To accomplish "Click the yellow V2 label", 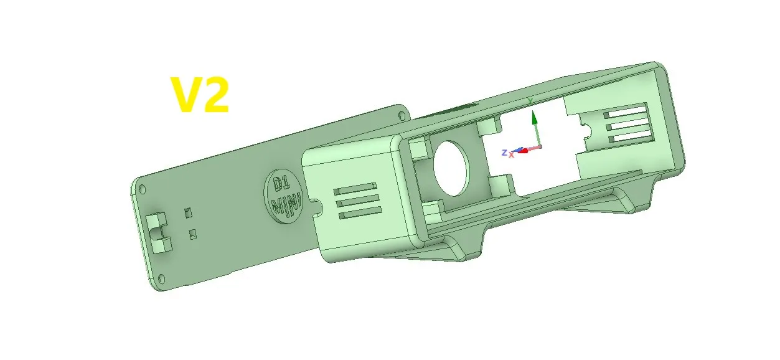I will pyautogui.click(x=200, y=95).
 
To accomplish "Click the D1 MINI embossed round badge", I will pyautogui.click(x=286, y=194).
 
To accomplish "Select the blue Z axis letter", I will pyautogui.click(x=504, y=152).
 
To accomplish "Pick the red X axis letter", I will pyautogui.click(x=511, y=154).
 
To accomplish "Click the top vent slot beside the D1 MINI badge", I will pyautogui.click(x=355, y=188).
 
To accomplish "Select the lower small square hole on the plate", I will pyautogui.click(x=193, y=235).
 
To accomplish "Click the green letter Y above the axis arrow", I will pyautogui.click(x=530, y=100).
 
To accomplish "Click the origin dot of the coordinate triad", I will pyautogui.click(x=540, y=146).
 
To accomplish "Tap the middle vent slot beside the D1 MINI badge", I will pyautogui.click(x=357, y=201).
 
